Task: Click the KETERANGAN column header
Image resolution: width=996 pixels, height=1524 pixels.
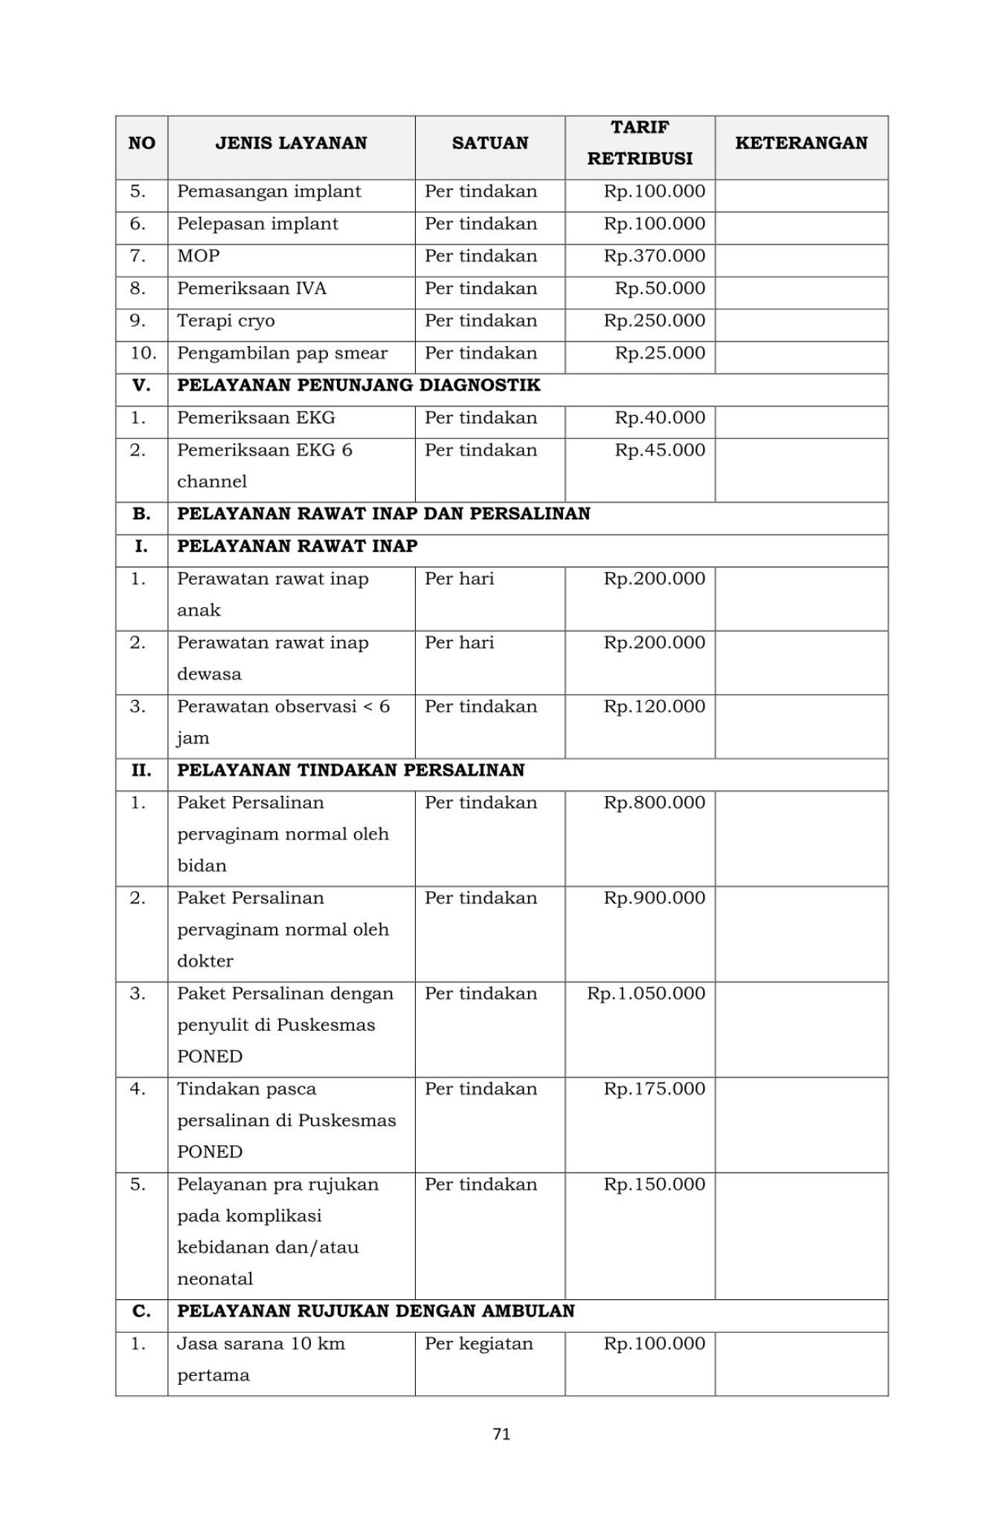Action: click(801, 143)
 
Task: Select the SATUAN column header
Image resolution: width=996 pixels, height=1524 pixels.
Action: click(489, 143)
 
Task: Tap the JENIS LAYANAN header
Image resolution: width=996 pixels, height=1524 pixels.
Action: click(291, 143)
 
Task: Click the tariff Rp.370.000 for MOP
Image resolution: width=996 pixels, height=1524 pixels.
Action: click(654, 256)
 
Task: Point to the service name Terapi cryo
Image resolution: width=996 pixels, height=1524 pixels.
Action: click(225, 321)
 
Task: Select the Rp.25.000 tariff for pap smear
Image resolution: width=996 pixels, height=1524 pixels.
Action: click(659, 353)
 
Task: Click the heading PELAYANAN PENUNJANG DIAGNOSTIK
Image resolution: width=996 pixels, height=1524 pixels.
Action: click(359, 385)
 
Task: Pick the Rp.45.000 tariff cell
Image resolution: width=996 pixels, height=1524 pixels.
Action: click(659, 450)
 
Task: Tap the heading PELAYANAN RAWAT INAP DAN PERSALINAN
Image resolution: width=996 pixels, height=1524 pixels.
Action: click(383, 513)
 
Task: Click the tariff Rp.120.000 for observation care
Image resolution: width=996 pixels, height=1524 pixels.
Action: click(654, 706)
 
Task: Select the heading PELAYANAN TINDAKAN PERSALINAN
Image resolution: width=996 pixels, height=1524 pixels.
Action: click(350, 770)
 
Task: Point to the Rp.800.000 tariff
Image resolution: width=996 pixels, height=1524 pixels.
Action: click(654, 803)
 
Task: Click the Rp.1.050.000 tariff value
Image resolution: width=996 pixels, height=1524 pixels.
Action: click(646, 993)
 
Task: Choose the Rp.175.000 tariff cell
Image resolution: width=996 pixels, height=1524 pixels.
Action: click(654, 1089)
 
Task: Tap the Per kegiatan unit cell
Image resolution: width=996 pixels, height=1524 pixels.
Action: click(478, 1343)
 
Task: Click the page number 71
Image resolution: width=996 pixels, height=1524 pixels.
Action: click(501, 1434)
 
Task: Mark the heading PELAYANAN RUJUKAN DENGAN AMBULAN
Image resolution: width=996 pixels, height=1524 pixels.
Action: click(376, 1311)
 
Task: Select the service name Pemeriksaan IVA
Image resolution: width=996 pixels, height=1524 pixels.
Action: click(251, 289)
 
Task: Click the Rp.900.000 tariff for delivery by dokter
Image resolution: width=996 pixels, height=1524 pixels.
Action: click(654, 898)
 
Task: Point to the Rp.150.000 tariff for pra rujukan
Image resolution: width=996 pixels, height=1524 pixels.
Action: click(654, 1184)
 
